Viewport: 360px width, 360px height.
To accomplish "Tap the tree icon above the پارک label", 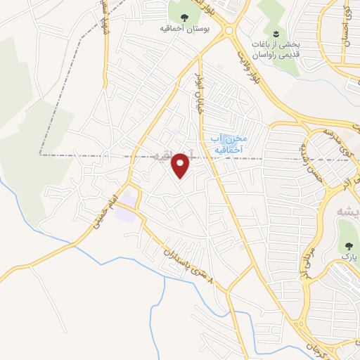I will (x=347, y=245).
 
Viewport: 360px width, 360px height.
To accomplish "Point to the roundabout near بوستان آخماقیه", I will (x=228, y=30).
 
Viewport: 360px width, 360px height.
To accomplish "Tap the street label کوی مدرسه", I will (x=333, y=141).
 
